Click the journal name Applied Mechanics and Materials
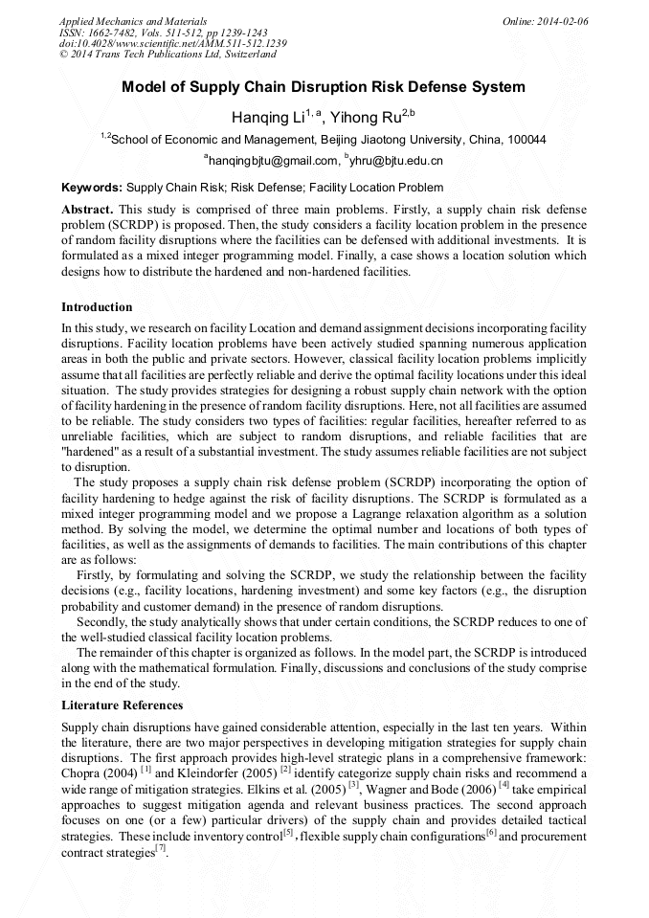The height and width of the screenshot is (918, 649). (132, 20)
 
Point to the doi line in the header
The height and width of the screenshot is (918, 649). (172, 43)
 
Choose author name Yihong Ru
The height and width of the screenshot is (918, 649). (365, 118)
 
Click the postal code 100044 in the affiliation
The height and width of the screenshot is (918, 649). (526, 140)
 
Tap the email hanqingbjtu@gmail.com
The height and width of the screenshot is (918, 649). (273, 161)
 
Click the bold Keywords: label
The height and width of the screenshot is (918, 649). (92, 188)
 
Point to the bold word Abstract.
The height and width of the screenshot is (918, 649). (87, 209)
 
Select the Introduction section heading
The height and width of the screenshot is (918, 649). (97, 307)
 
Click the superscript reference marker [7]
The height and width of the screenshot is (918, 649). (161, 848)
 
